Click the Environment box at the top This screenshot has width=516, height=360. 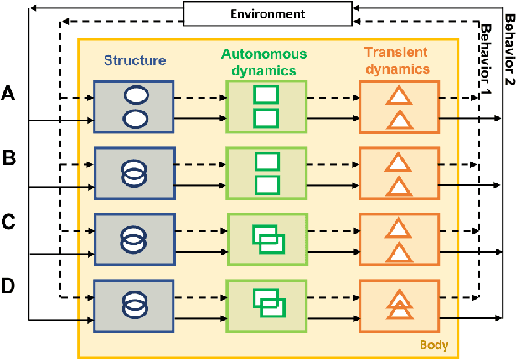click(x=257, y=13)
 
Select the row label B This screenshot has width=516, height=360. click(x=9, y=157)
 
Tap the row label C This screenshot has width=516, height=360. click(x=9, y=223)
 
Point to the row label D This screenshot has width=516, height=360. click(x=9, y=286)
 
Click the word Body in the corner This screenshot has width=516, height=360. click(x=433, y=345)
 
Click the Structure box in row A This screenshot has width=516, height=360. click(x=134, y=107)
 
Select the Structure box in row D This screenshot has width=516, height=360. click(x=134, y=302)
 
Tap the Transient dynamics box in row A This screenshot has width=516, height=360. click(x=399, y=107)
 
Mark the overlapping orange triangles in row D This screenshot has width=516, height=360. click(x=400, y=302)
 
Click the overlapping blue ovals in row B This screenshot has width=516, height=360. click(x=134, y=172)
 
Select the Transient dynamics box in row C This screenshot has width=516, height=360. click(x=399, y=238)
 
